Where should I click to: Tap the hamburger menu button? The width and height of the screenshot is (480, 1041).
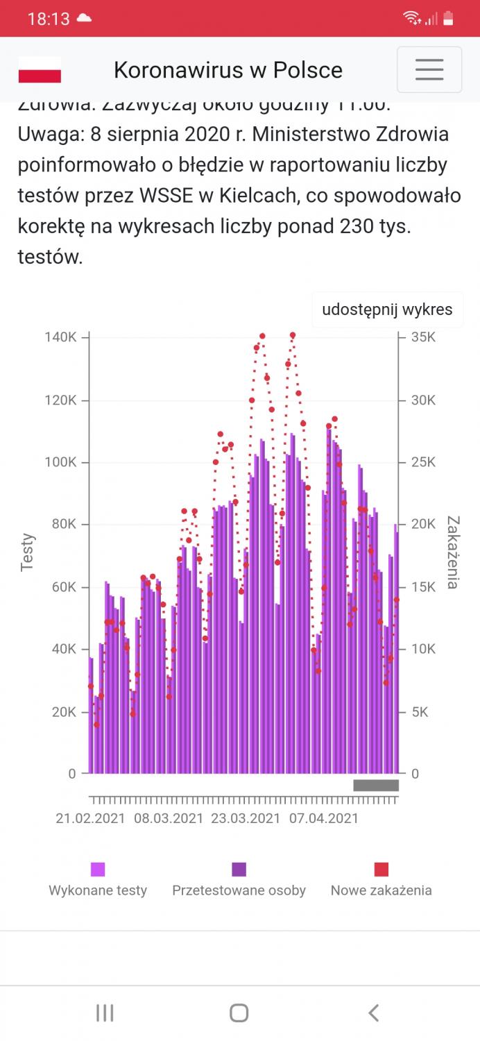pos(429,69)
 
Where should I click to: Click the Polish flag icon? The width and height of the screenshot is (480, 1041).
pos(40,70)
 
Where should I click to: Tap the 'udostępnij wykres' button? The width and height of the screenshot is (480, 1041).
pos(387,310)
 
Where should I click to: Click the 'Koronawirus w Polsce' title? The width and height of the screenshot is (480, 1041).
pos(228,70)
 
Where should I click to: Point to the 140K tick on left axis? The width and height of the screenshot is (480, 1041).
pos(61,337)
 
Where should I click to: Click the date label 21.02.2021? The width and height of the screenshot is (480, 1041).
pos(90,818)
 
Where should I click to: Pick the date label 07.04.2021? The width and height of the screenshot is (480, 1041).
pos(324,818)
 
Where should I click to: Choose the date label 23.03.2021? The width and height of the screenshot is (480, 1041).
pos(246,818)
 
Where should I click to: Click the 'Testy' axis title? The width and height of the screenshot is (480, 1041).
pos(27,552)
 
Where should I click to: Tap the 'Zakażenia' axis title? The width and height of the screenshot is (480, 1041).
pos(452,552)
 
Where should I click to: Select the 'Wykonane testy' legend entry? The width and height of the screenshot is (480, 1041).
pos(98,880)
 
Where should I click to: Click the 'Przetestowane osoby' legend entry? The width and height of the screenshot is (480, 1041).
pos(239,880)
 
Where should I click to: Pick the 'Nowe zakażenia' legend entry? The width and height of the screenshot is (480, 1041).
pos(381,880)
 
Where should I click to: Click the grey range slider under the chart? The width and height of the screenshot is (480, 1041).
pos(376,786)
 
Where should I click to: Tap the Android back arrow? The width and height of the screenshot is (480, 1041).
pos(373,1013)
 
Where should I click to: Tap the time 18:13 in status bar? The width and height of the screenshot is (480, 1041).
pos(49,19)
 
